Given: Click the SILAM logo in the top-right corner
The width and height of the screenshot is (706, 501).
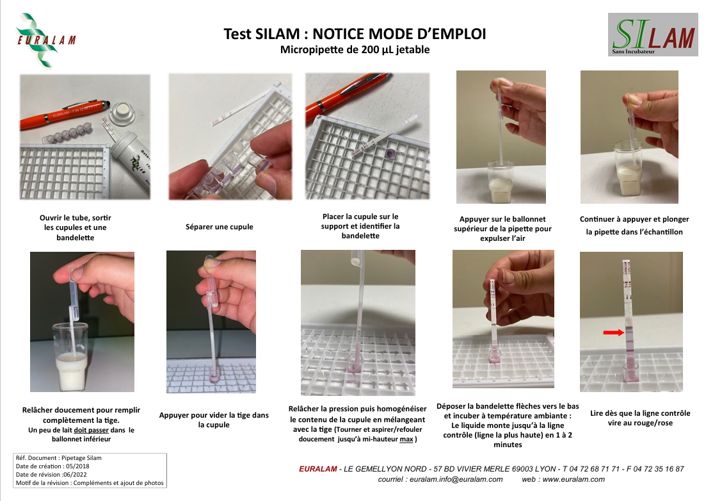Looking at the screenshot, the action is [653, 34].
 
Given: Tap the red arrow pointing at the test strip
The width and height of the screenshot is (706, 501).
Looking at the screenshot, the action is [614, 333].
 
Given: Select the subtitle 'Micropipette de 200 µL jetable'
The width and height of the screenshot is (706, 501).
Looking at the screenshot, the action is [355, 49].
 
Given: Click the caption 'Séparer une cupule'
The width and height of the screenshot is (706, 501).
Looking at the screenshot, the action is [220, 227].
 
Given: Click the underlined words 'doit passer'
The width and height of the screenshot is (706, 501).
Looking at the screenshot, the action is [91, 430].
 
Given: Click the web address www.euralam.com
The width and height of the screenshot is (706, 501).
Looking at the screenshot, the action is [574, 479].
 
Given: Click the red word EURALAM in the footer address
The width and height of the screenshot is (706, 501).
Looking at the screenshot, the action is [318, 469].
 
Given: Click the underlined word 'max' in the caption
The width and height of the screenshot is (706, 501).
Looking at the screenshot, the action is [406, 439].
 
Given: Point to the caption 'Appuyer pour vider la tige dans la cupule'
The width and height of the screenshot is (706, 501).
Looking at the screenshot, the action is [214, 420].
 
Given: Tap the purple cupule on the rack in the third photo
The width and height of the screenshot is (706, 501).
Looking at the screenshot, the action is [390, 154].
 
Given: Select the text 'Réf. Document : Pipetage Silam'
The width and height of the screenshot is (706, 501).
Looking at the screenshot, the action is [58, 457].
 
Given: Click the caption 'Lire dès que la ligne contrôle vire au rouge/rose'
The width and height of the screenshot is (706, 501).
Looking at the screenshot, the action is [640, 418].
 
